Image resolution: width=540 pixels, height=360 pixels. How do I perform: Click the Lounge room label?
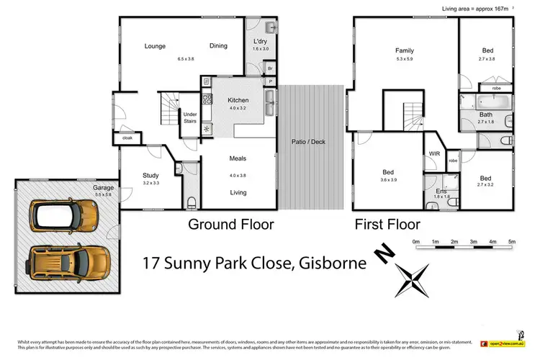tap(155, 47)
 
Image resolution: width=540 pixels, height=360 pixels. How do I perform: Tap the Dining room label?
tap(218, 46)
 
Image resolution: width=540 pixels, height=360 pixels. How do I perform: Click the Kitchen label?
tap(238, 100)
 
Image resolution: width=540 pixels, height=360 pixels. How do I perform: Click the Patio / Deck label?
tap(308, 142)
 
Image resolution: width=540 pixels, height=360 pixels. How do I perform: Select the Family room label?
tap(404, 51)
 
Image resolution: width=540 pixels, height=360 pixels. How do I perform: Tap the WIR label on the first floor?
tap(434, 153)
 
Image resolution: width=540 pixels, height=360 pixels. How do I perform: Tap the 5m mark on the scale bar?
tap(512, 241)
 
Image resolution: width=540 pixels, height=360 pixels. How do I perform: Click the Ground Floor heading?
tap(230, 225)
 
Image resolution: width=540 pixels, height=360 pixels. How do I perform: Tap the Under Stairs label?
tap(190, 117)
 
